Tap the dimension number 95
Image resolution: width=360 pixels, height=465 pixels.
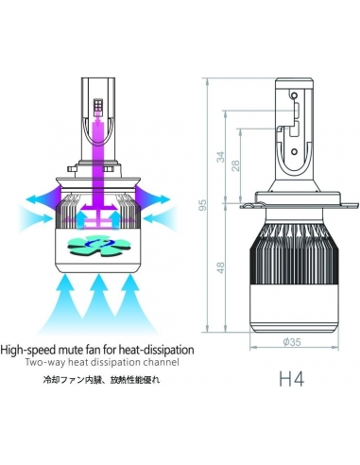pyautogui.click(x=215, y=205)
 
